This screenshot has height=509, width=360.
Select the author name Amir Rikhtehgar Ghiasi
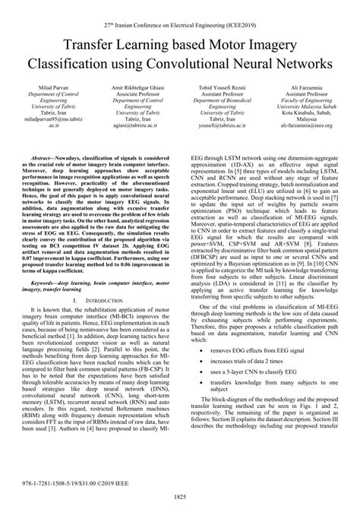tap(139, 88)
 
